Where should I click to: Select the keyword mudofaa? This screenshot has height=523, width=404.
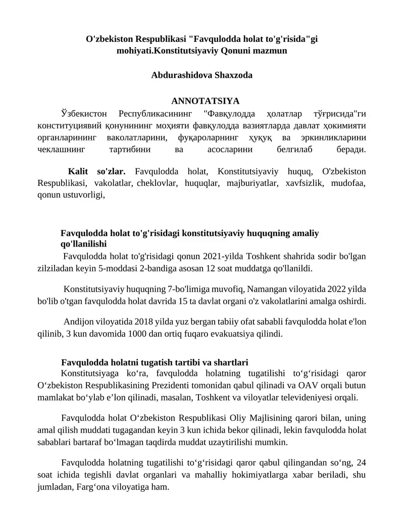(x=348, y=183)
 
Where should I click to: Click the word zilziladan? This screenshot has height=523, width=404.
(x=55, y=268)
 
